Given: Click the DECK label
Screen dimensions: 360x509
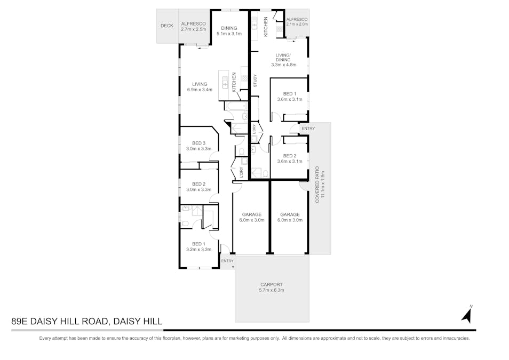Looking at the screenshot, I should point(167,26).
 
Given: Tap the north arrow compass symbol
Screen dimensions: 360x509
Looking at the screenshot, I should point(467,315).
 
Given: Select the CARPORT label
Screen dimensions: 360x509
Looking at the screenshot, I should point(272,284).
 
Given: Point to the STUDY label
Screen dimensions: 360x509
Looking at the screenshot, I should point(255,82).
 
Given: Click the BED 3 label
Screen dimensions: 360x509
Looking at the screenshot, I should point(199,143).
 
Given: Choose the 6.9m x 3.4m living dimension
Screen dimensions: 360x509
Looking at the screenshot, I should point(200,90).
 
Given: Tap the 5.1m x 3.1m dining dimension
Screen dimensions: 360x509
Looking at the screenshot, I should point(229,34).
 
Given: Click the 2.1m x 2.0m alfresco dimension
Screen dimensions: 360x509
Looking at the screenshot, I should point(297,24).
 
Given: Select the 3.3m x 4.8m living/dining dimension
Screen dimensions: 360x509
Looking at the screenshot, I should point(283,65).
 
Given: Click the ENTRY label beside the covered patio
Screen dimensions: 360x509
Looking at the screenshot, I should point(308,129).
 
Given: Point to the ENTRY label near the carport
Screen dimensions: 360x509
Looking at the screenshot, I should point(227,261).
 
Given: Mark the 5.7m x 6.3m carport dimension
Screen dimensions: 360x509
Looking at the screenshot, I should point(272,290).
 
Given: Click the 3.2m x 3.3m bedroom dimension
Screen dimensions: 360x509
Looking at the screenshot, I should point(199,249).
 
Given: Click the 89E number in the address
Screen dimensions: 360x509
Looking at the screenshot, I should point(20,322).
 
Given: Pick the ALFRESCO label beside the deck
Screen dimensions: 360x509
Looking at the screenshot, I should point(190,23).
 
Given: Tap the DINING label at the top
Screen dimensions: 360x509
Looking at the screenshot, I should point(229,28).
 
